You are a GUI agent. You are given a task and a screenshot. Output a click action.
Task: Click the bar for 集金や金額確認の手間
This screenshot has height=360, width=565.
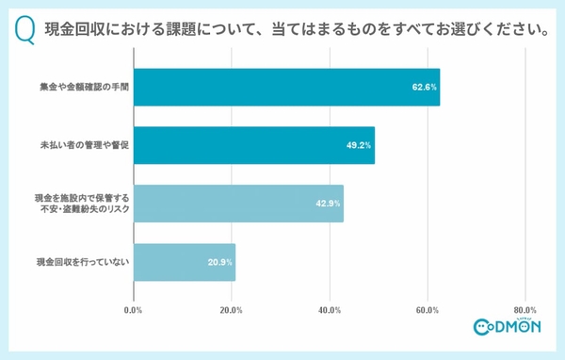(286, 87)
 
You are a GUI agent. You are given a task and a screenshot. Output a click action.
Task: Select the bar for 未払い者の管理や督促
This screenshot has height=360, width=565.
(254, 145)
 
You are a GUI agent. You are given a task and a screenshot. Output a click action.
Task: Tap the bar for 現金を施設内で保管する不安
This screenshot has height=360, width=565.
(238, 204)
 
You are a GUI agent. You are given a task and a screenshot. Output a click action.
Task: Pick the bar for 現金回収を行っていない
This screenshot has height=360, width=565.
(185, 262)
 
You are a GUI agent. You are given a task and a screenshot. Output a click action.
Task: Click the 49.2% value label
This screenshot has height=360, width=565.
(359, 146)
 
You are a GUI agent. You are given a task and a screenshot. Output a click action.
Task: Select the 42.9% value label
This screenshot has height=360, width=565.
(328, 204)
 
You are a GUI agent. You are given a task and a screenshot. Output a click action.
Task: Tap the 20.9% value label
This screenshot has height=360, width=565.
(219, 262)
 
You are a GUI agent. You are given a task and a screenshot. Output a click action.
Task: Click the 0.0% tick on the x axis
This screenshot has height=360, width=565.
(134, 310)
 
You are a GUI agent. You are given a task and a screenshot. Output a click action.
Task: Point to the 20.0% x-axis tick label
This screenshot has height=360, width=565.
(232, 310)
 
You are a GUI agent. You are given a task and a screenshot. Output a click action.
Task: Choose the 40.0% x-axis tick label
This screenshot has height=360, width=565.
(330, 310)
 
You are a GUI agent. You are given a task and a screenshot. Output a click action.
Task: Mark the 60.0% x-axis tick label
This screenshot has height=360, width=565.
(428, 310)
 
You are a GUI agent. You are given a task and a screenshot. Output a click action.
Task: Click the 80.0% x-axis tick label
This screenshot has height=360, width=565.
(525, 310)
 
